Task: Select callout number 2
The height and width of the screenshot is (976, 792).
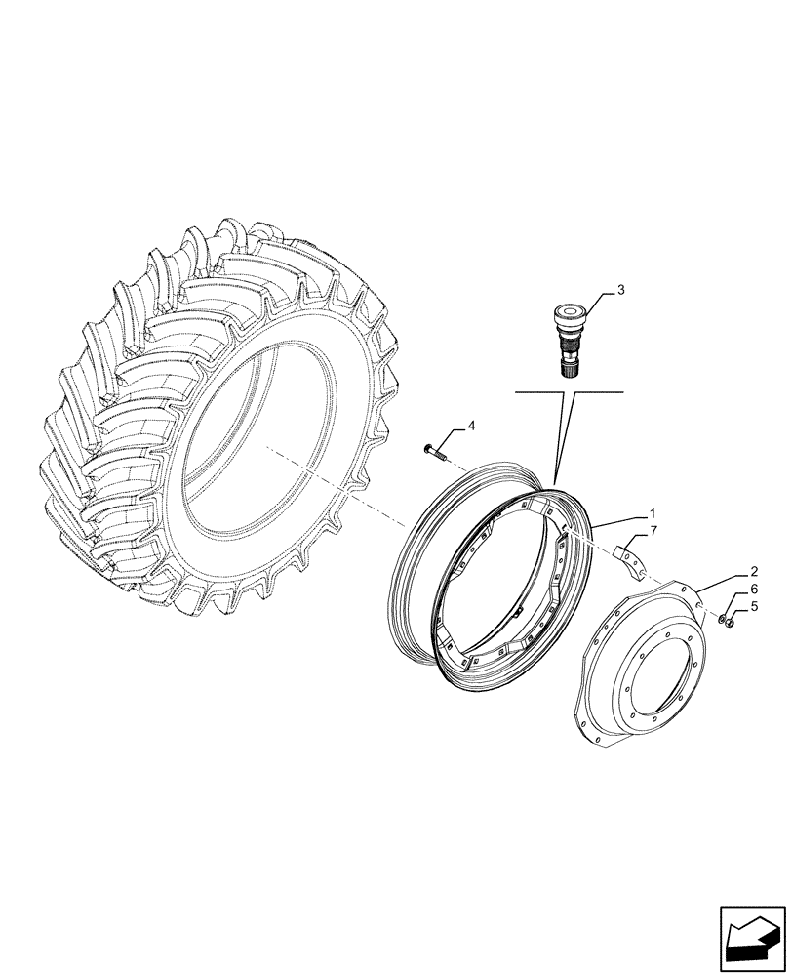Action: [x=755, y=570]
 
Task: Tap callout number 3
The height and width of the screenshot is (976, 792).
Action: [x=620, y=291]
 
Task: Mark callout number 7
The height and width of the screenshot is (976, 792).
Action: [x=654, y=531]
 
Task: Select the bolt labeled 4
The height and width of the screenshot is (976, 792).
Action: [x=435, y=450]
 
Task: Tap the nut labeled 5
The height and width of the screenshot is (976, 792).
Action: [x=731, y=623]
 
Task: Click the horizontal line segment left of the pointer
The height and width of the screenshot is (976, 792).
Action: [x=535, y=392]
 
